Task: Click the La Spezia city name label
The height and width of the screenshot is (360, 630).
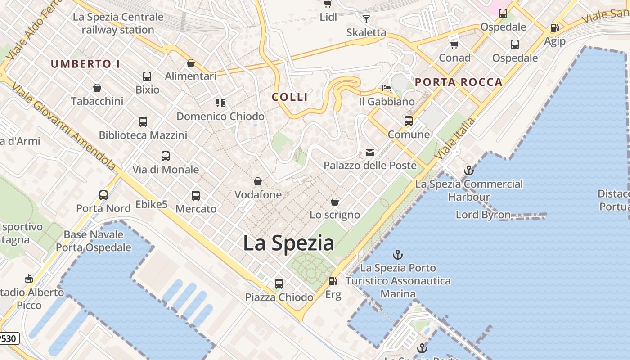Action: [x=288, y=243]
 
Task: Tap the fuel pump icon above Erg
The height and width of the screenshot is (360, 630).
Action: [x=333, y=281]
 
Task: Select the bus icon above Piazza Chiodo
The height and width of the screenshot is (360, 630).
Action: [x=279, y=284]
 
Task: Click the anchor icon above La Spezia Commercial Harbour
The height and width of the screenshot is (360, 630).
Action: [x=469, y=171]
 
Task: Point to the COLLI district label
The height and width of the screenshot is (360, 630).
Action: [x=290, y=97]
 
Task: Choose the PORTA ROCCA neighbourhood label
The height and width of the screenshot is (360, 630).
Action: [x=459, y=82]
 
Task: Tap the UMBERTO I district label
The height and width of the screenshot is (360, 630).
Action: [x=85, y=64]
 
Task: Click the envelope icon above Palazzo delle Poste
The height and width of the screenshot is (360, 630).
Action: [x=370, y=153]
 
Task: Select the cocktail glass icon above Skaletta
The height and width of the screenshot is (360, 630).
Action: [x=366, y=19]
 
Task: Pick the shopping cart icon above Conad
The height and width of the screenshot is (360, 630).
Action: [x=454, y=45]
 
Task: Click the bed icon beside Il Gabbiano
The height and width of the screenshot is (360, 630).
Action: [x=387, y=88]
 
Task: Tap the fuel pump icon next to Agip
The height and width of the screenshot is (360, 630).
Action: [x=554, y=28]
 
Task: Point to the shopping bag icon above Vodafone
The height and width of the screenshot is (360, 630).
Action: [x=258, y=181]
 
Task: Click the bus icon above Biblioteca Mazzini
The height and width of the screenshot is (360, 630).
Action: [x=143, y=121]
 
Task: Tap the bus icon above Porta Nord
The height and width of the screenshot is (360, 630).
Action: [x=103, y=195]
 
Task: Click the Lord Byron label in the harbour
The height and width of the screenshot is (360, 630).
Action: [x=483, y=215]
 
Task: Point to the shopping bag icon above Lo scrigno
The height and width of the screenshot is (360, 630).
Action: [x=335, y=201]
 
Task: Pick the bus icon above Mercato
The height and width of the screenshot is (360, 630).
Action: [x=196, y=196]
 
